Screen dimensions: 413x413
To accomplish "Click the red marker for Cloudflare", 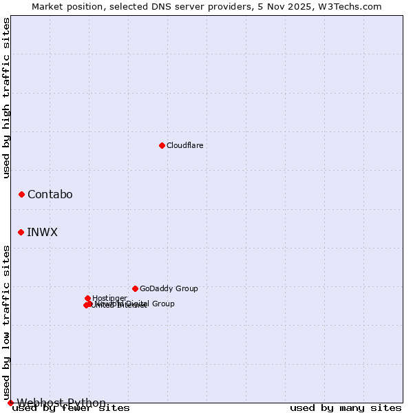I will coord(162,145).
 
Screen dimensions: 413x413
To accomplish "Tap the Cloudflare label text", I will coord(184,145).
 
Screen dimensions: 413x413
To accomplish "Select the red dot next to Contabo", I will coord(21,195).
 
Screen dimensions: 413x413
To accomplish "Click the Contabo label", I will coord(50,195).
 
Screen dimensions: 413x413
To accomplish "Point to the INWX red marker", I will coord(21,232).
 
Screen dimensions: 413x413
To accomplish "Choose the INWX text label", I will coord(42,232).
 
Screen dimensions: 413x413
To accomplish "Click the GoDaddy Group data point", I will coord(135,288).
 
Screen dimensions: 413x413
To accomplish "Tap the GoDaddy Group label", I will coord(169,288).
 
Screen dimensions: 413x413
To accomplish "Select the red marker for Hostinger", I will coord(87,298).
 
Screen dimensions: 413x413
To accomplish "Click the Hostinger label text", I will coord(109,298).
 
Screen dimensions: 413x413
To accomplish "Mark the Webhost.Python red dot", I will coord(10,403).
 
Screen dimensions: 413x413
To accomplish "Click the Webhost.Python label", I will coord(61,403).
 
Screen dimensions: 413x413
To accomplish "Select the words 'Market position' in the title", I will coord(63,6).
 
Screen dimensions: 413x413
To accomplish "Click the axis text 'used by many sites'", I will coord(346,408).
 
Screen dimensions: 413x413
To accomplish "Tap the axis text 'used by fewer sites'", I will coord(71,408).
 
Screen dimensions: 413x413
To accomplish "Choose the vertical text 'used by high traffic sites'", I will coord(7,98).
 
